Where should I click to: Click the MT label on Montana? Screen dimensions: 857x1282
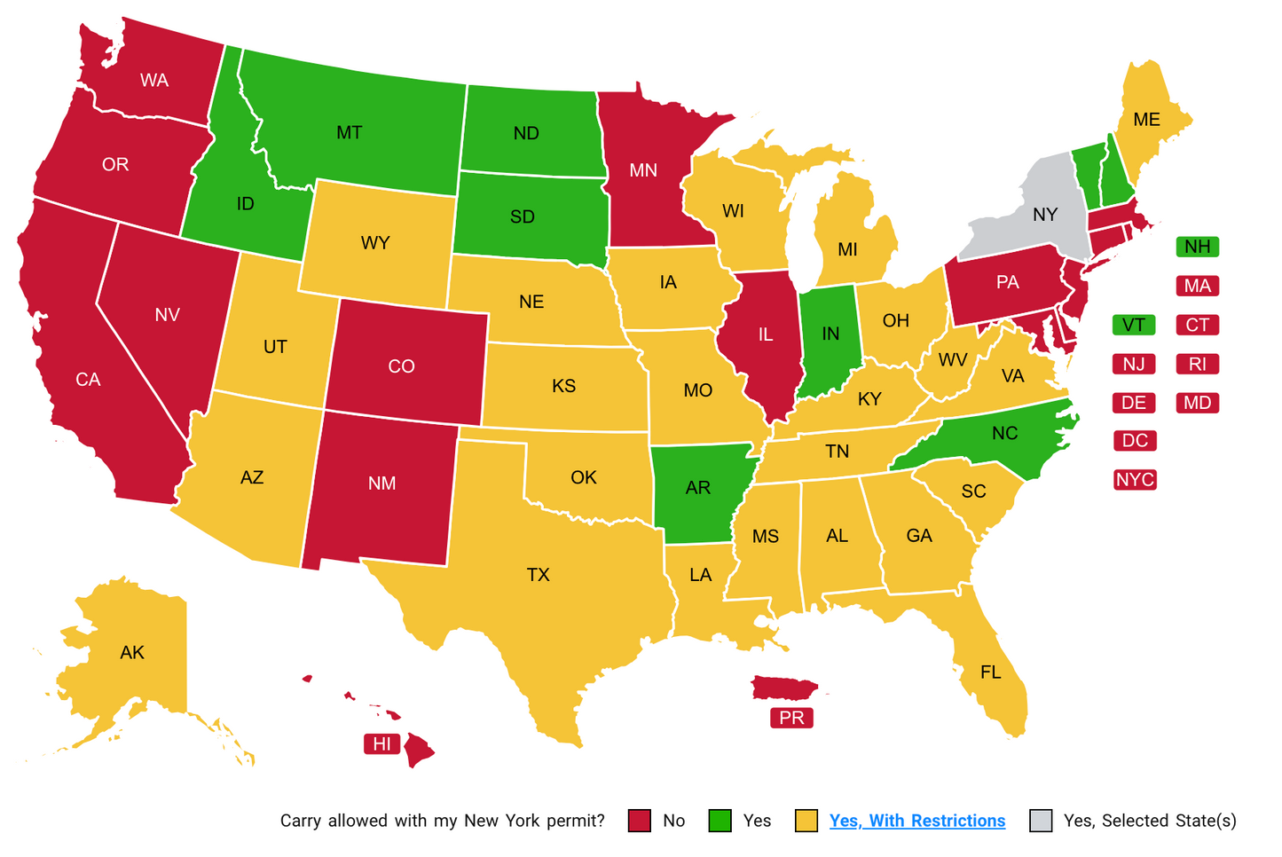point(349,133)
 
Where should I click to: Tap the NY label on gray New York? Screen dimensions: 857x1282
point(1045,215)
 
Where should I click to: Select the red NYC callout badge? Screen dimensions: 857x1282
point(1135,480)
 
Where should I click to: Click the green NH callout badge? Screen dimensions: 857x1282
point(1197,247)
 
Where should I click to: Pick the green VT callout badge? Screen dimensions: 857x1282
point(1133,325)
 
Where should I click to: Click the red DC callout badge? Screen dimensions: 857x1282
point(1135,441)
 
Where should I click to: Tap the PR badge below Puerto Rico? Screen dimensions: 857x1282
point(791,718)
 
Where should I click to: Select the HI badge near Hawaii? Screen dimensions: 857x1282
point(381,744)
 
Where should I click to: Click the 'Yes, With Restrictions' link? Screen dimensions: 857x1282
point(916,821)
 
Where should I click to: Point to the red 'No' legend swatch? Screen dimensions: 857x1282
point(640,821)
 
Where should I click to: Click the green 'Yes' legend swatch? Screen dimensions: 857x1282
point(720,821)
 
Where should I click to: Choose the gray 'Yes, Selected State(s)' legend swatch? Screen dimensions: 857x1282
point(1041,821)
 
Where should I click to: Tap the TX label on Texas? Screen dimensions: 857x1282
point(539,575)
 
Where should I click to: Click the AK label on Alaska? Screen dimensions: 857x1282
point(132,653)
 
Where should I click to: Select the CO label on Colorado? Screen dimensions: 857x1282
point(401,366)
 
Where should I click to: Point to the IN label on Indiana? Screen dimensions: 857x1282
point(830,334)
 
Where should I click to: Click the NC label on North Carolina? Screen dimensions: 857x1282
point(1004,433)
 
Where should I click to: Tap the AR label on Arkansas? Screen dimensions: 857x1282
point(698,488)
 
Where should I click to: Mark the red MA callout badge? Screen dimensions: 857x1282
point(1197,286)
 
